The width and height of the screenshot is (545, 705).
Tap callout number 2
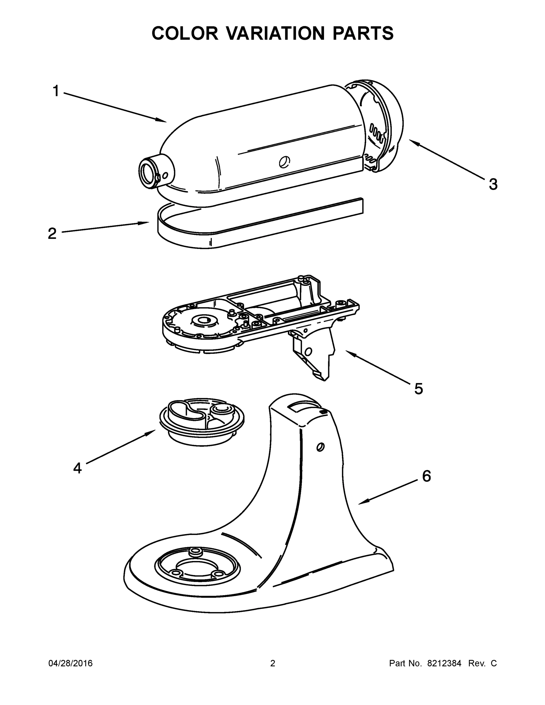52,234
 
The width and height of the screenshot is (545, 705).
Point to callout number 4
78,468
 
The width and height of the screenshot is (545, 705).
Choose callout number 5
418,389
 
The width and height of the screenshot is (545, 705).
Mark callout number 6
427,476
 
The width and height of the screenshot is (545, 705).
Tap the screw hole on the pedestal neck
320,447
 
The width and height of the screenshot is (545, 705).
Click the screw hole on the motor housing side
284,161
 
